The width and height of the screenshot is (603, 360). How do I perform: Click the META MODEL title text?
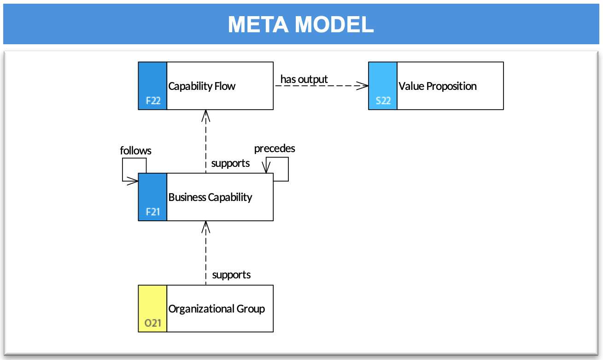(x=301, y=24)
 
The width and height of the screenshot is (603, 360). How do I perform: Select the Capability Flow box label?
(x=202, y=86)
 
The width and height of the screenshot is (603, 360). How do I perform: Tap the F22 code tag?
(x=153, y=101)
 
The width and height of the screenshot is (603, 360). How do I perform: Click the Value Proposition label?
(x=438, y=86)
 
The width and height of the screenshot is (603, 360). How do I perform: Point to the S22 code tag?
(x=383, y=101)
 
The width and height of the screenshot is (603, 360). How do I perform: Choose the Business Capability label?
(x=210, y=197)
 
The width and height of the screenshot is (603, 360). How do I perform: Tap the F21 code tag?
(x=152, y=212)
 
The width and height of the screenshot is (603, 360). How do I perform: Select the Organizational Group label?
(x=217, y=309)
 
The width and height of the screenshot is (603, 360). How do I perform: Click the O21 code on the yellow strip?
(x=152, y=323)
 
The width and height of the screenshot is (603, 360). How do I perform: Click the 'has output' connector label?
(x=304, y=79)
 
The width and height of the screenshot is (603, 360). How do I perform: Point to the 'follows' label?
(x=135, y=151)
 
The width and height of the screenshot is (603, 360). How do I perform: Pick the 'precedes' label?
(x=275, y=148)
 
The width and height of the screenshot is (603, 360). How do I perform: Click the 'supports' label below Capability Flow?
(x=230, y=163)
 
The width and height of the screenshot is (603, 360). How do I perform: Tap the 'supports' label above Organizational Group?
(x=231, y=275)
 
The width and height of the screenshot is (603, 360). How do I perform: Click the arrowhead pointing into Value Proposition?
(x=363, y=86)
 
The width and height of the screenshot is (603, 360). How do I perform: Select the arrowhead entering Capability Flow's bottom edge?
(x=205, y=115)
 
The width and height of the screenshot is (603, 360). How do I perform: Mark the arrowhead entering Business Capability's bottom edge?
(x=205, y=227)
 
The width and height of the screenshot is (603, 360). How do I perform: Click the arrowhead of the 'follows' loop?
(x=133, y=181)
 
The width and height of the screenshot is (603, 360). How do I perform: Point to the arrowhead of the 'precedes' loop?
(x=266, y=167)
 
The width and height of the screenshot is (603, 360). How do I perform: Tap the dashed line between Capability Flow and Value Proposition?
(x=321, y=86)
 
